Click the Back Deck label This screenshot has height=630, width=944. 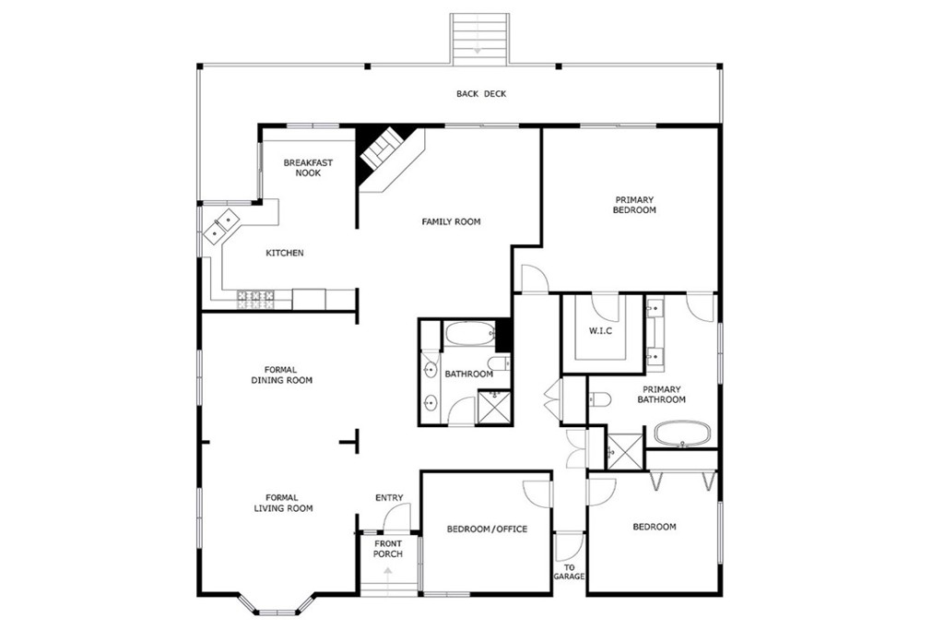tap(480, 94)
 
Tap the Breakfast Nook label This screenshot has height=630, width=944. tap(308, 168)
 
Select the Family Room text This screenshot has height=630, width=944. tap(451, 221)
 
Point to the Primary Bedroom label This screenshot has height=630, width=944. tap(634, 205)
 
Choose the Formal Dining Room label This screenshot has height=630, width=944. tap(281, 374)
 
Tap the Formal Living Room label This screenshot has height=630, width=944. tap(283, 503)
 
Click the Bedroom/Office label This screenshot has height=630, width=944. tap(487, 529)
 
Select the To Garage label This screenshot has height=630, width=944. tap(569, 572)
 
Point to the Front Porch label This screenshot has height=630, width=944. tap(387, 549)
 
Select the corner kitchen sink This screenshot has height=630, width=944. tap(222, 226)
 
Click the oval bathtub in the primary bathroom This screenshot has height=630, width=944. tap(683, 434)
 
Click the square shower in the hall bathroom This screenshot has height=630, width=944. tap(494, 407)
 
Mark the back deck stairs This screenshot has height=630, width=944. tap(478, 38)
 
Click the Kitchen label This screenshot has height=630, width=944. tap(285, 253)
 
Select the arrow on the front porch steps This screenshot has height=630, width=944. tap(387, 574)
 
